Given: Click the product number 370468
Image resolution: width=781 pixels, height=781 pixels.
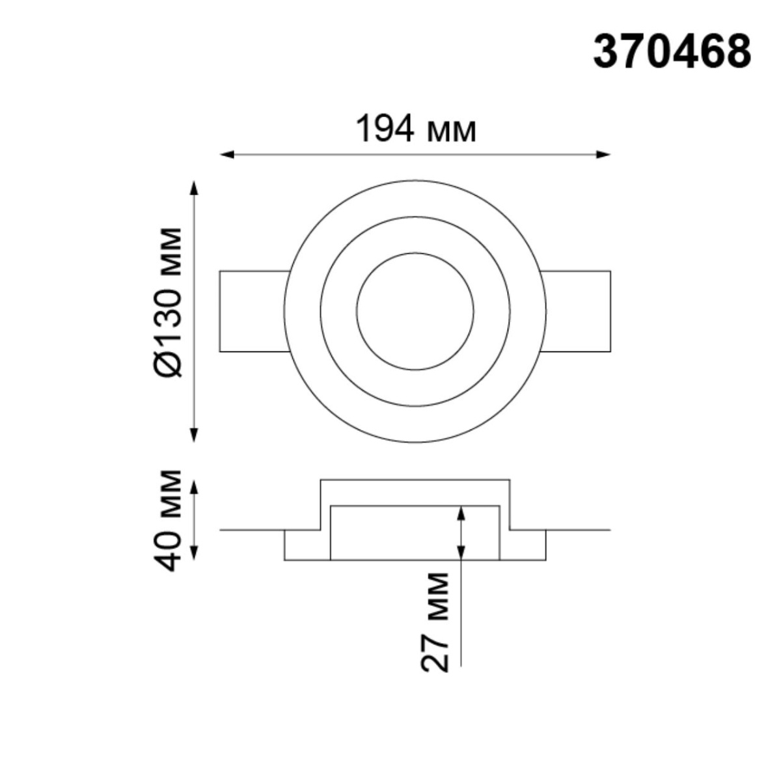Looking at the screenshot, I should [x=672, y=51].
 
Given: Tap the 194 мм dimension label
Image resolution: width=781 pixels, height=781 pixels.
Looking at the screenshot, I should [x=416, y=130].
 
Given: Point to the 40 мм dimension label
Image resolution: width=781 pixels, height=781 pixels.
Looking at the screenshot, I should [x=171, y=520].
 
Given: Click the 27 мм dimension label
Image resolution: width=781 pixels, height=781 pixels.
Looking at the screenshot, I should [x=435, y=622].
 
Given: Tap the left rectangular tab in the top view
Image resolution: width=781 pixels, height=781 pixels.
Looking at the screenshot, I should [x=253, y=311].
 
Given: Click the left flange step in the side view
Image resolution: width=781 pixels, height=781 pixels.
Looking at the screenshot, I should [x=303, y=545].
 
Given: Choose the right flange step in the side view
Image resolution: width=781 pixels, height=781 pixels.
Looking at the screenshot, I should [x=527, y=545].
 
